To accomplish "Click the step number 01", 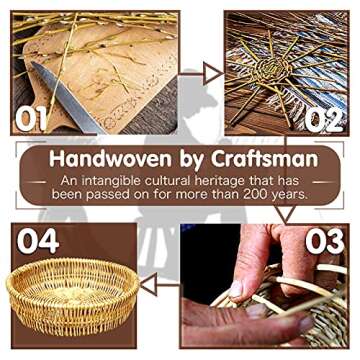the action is [x=31, y=119].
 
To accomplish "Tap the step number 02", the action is [x=324, y=119].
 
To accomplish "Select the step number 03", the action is [x=325, y=242].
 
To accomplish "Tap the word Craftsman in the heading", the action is [x=264, y=159].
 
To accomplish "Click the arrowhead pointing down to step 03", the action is [x=286, y=213].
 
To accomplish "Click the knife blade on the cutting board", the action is [x=67, y=97].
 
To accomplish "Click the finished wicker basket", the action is [x=72, y=296].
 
